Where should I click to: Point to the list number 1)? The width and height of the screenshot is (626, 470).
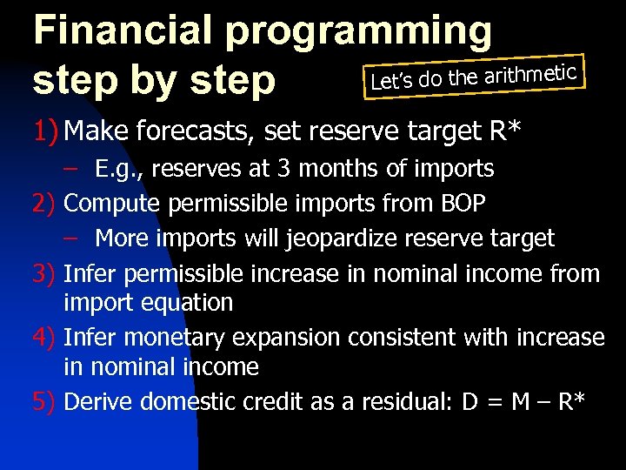pos(45,131)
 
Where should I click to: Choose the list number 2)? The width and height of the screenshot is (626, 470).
pos(45,203)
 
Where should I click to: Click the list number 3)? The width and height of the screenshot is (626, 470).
pos(45,274)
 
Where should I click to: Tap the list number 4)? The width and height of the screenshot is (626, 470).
pos(45,337)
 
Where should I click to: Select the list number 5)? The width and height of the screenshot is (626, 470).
pos(45,401)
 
